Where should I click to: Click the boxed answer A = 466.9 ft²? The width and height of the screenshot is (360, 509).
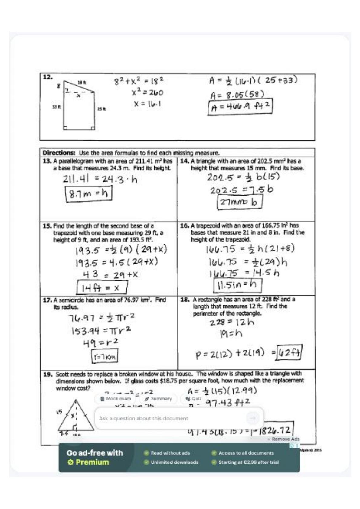coord(240,107)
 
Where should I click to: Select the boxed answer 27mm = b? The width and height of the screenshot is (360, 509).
coord(239,202)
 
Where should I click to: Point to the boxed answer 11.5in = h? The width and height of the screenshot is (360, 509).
coord(237,285)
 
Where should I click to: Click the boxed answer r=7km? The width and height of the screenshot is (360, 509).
coord(105,356)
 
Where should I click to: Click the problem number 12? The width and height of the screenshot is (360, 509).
coord(47,77)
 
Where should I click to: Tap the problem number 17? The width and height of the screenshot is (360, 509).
coord(47,300)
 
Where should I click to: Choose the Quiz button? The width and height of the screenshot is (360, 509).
coord(193,399)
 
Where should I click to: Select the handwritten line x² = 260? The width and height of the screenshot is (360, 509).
coord(147,92)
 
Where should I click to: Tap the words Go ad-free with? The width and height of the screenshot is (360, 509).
coord(95,453)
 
